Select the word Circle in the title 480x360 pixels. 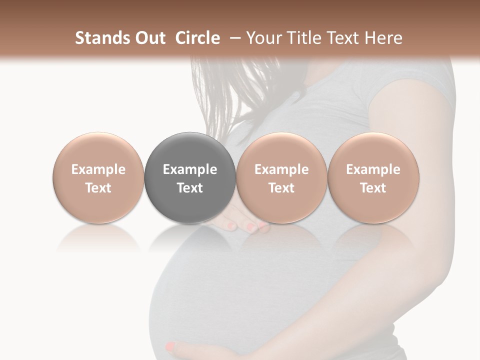tap(197, 38)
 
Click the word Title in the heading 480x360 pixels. tap(305, 38)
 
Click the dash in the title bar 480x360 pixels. tap(233, 38)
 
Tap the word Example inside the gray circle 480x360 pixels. tap(190, 169)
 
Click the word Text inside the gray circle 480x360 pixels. tap(190, 188)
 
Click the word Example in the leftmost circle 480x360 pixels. tap(98, 169)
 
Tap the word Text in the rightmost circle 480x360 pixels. tap(373, 188)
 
